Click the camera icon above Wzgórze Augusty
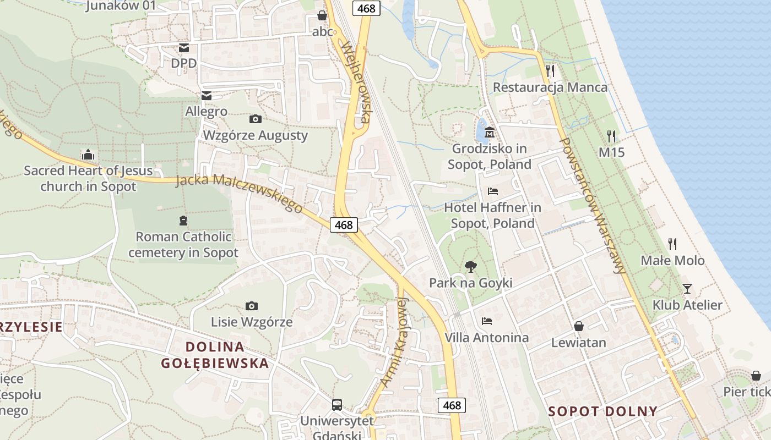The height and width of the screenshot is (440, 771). point(255,119)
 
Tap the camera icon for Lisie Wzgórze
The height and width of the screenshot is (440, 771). point(252,306)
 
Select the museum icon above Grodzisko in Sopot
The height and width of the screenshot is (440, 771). point(490,133)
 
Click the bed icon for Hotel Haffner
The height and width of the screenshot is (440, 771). point(493,191)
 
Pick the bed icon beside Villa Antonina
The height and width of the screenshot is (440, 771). point(486,321)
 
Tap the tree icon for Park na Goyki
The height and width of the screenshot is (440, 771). point(470,267)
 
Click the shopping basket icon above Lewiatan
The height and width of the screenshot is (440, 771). point(579,326)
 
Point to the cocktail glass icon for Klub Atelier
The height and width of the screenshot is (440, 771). point(687,288)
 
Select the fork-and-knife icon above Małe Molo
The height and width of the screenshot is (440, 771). point(672,243)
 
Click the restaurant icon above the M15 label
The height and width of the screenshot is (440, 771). point(611,135)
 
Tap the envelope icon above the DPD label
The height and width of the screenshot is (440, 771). point(183,47)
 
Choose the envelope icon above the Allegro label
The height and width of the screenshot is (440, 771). point(207,96)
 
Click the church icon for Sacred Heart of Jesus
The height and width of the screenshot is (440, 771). point(88,155)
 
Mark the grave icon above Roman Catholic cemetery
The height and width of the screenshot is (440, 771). point(183,221)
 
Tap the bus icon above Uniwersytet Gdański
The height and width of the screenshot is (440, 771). point(336,405)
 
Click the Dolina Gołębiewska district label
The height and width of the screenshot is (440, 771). point(215,355)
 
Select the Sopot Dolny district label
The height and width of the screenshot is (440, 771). point(603,411)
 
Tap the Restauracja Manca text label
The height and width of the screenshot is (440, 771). point(550,87)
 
